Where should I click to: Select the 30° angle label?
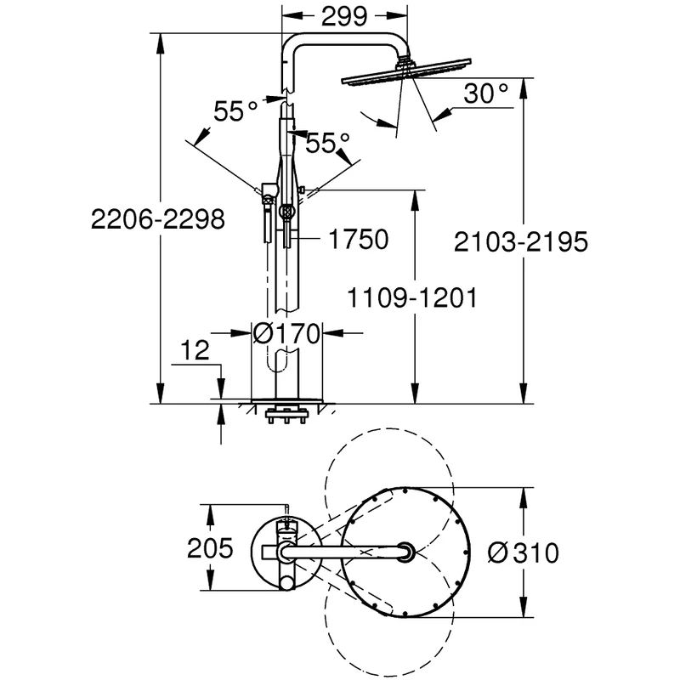coord(484,94)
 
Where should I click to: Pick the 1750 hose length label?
coord(354,240)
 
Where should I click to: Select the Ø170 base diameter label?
coord(286,333)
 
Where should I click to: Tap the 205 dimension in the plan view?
coord(209,550)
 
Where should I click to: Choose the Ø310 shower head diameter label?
coord(523,552)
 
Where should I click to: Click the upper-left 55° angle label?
coord(235,110)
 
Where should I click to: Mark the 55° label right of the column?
coord(328,143)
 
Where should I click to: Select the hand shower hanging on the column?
coord(267,217)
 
